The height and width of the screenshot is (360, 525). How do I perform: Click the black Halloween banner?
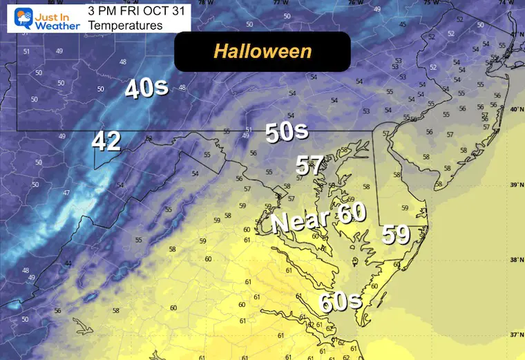coord(262,51)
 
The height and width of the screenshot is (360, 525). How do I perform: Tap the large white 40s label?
coord(146,88)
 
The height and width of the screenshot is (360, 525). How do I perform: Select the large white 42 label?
coord(106,142)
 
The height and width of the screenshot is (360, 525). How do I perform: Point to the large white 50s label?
coord(286,132)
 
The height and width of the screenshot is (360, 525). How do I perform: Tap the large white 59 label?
coord(397,236)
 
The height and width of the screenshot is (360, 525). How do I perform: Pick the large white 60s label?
coord(341,302)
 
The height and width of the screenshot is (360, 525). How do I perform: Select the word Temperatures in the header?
coord(125,26)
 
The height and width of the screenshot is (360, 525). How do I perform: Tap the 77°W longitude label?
coord(278,3)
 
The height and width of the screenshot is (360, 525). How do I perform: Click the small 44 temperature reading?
coord(68,264)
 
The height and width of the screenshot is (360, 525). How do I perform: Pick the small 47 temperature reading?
coord(66,193)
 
